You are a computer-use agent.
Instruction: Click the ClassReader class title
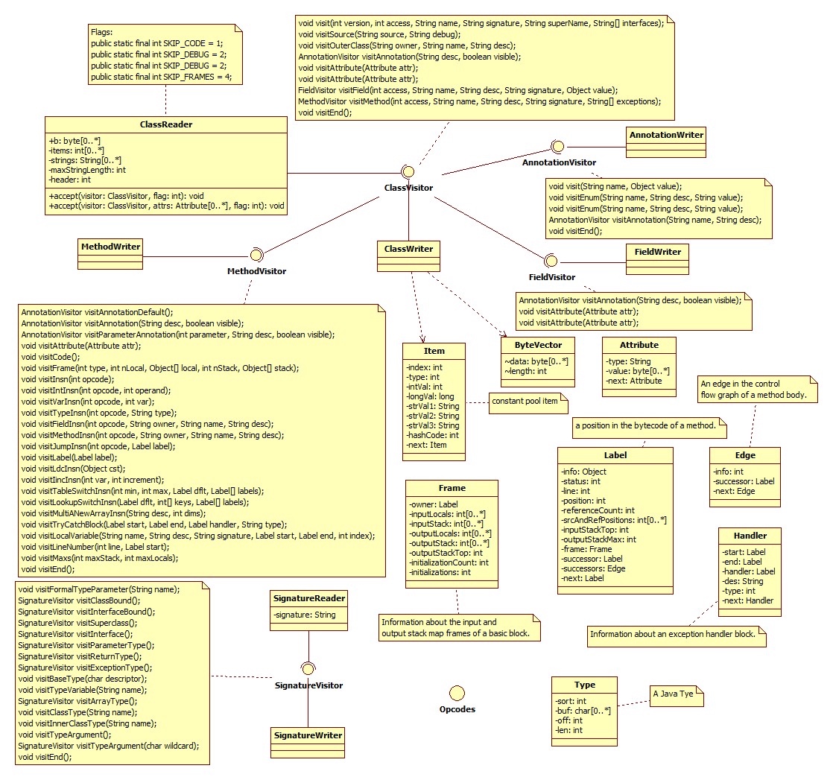pos(165,124)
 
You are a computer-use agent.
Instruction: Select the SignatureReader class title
pos(308,598)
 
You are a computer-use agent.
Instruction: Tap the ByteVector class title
pos(538,346)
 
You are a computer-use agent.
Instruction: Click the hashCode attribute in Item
pos(433,434)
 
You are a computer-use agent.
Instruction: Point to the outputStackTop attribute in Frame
pos(446,553)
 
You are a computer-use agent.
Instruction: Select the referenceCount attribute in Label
pos(598,510)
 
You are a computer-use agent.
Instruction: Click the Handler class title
pos(750,535)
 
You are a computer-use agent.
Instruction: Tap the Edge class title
pos(744,455)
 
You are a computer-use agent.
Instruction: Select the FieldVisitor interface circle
pos(551,261)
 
